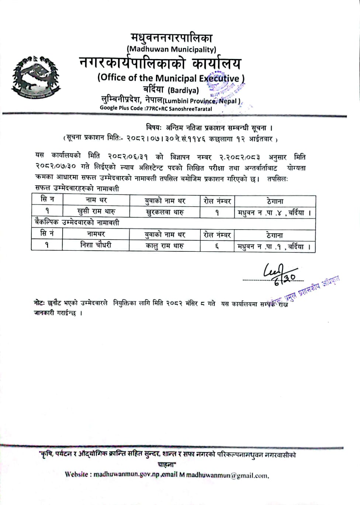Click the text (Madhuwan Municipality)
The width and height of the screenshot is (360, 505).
coord(172,49)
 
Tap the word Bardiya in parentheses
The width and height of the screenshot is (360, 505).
coord(183,90)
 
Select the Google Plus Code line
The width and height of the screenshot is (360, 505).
coord(156,109)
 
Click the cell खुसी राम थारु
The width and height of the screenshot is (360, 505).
coord(96,212)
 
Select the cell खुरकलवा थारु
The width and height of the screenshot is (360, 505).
coord(165,212)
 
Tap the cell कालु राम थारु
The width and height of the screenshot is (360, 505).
coord(165,246)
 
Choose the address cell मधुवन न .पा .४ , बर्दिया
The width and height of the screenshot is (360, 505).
coord(274,213)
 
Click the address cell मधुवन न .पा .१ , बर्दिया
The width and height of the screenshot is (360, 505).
coord(274,247)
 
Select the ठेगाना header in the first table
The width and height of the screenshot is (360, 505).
coord(275,201)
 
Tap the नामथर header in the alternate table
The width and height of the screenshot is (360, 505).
coord(96,234)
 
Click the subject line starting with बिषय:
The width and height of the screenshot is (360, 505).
coord(209,128)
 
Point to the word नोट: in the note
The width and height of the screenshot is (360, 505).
coord(39,303)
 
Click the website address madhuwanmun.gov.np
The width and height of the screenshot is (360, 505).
coord(126,474)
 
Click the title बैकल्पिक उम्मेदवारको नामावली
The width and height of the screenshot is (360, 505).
coord(77,223)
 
